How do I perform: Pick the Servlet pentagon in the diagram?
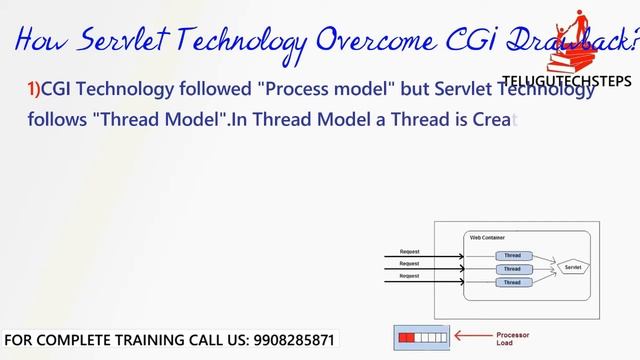(x=573, y=268)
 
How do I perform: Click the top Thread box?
(x=512, y=256)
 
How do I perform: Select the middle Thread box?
(x=512, y=269)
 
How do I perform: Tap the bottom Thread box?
(x=512, y=282)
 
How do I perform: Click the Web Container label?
(x=488, y=237)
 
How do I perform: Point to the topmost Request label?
(x=409, y=251)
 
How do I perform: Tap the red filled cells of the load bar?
(x=406, y=339)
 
